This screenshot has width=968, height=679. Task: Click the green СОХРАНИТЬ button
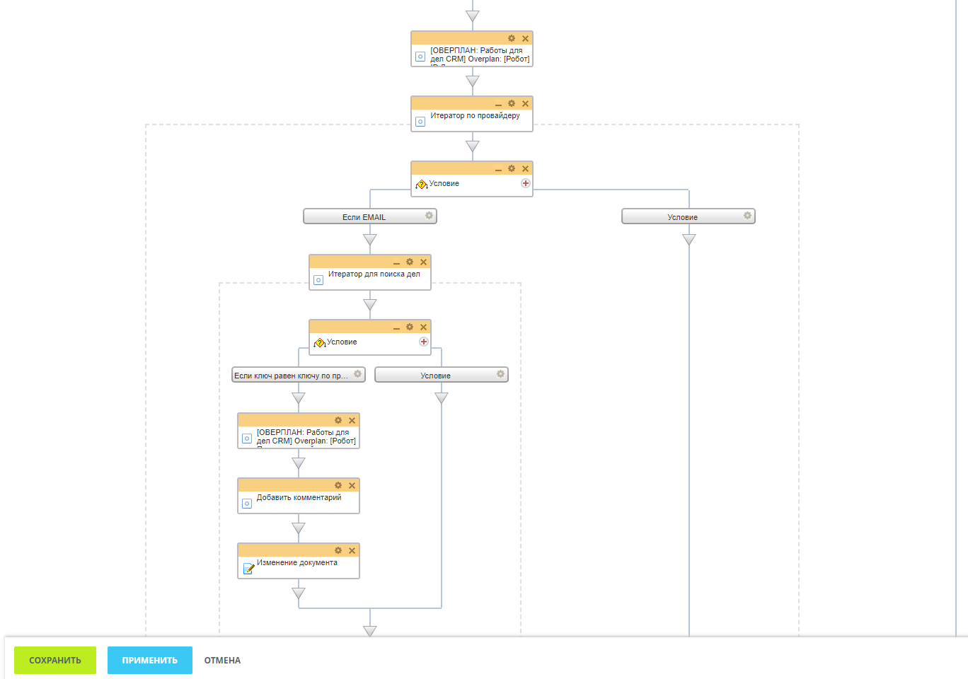click(55, 660)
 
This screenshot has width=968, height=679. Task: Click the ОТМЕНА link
click(222, 660)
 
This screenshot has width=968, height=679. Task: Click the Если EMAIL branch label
click(364, 217)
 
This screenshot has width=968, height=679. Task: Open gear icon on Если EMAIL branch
click(429, 216)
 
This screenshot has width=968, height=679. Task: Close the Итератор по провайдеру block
click(525, 103)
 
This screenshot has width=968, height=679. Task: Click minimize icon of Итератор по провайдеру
click(498, 104)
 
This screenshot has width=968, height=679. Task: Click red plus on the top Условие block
click(525, 183)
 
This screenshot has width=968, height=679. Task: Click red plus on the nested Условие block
click(423, 342)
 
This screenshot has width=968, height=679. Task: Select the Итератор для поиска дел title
click(374, 274)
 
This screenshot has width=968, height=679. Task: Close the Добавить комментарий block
click(352, 485)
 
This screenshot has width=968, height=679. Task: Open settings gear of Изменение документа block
click(338, 550)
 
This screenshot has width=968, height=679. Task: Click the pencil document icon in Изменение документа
click(248, 568)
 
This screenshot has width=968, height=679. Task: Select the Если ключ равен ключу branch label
click(291, 376)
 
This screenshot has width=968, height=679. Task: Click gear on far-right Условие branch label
click(747, 216)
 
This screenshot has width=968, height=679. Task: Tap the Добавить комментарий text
click(299, 497)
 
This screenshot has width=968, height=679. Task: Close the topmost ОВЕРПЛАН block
click(525, 38)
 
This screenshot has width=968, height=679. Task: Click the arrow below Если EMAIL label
click(370, 240)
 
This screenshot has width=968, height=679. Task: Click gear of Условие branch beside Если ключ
click(500, 374)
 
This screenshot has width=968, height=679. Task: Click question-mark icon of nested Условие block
click(319, 343)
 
